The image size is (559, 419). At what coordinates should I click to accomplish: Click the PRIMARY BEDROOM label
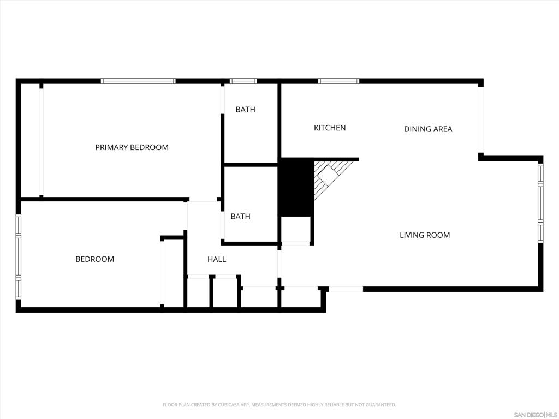[132, 147]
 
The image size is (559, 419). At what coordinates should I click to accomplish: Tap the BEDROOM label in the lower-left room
[94, 259]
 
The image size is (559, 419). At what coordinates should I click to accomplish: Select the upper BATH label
[245, 110]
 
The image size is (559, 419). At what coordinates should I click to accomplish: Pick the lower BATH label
[240, 217]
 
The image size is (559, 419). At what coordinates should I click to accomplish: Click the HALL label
[217, 260]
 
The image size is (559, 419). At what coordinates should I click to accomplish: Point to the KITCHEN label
[330, 128]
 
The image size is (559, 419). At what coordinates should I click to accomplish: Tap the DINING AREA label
[428, 129]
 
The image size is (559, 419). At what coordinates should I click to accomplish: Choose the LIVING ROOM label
[425, 235]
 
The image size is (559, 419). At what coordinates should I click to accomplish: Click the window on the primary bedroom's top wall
[138, 81]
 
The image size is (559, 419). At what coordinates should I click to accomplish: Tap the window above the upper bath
[243, 81]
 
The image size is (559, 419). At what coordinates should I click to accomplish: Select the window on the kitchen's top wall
[338, 81]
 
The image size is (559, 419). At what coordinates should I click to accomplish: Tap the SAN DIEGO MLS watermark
[536, 415]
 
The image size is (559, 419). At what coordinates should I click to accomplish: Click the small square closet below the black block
[295, 229]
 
